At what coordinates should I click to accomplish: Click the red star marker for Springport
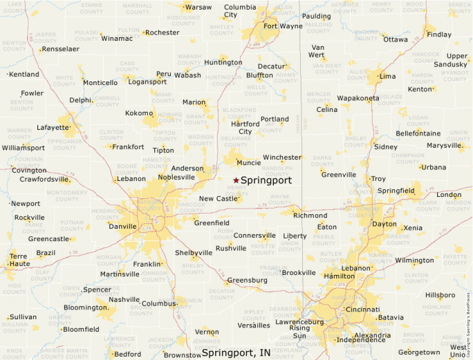[x=236, y=180]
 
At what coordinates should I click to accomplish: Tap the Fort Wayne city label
[x=282, y=26]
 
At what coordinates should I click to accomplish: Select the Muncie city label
[x=248, y=163]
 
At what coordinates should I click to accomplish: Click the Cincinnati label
[x=362, y=309]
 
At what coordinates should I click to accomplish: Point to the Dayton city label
[x=384, y=224]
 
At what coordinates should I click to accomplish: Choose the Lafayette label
[x=53, y=127]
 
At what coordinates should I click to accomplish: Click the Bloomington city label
[x=84, y=307]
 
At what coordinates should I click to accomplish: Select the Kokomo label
[x=138, y=113]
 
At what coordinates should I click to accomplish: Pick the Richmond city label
[x=310, y=216]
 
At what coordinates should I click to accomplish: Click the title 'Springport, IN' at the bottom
[x=236, y=353]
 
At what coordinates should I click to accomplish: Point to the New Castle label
[x=218, y=198]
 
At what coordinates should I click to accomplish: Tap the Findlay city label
[x=439, y=35]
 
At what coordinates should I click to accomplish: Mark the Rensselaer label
[x=61, y=49]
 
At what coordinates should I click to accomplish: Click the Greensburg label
[x=247, y=280]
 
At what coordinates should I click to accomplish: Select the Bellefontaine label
[x=418, y=133]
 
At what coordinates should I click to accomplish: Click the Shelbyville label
[x=194, y=253]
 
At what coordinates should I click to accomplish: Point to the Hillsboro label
[x=440, y=295]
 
